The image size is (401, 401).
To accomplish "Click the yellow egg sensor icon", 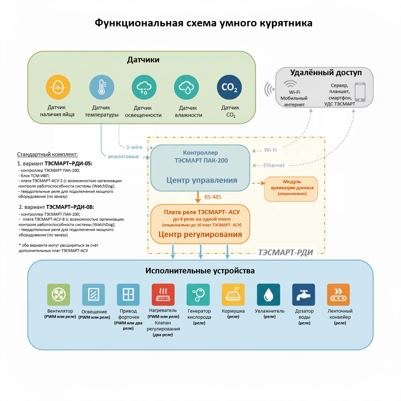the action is click(58, 87).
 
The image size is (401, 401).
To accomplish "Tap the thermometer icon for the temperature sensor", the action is click(102, 87).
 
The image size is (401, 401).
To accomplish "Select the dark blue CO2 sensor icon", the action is click(229, 87).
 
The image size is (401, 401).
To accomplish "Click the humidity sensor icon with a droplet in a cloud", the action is click(186, 87).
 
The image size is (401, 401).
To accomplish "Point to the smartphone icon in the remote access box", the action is click(360, 92).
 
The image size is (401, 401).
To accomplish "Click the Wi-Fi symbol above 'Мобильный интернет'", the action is click(290, 84).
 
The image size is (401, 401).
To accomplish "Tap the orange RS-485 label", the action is click(213, 197).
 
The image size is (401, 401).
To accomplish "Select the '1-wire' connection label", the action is click(134, 147).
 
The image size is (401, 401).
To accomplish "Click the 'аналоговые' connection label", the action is click(123, 156).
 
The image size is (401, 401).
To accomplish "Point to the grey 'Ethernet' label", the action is click(274, 165).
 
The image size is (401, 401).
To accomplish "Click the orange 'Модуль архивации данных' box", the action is click(291, 189).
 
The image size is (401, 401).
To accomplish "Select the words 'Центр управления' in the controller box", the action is click(202, 180).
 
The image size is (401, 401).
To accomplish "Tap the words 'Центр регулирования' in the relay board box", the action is click(200, 234).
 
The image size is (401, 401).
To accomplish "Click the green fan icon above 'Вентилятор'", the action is click(59, 295).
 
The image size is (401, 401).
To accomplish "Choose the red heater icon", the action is click(163, 295).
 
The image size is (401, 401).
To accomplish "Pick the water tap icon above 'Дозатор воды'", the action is click(304, 295).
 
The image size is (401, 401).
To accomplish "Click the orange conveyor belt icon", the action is click(338, 295).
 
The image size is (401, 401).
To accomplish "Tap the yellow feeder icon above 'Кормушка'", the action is click(233, 295).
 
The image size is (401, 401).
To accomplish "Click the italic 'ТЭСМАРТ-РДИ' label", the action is click(286, 252).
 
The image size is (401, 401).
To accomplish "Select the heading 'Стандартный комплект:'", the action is click(47, 154).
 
